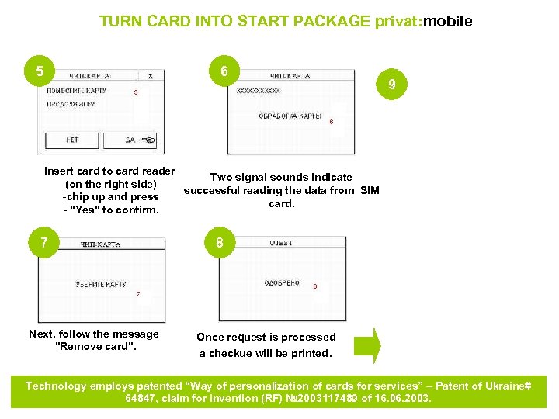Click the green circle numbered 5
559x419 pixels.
(40, 72)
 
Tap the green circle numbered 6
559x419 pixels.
(224, 72)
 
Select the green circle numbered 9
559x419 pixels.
(394, 84)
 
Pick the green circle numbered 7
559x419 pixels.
(44, 243)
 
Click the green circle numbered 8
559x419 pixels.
(220, 243)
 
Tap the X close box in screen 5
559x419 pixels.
(150, 76)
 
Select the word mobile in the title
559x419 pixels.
(448, 22)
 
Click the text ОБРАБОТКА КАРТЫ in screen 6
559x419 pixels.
(290, 116)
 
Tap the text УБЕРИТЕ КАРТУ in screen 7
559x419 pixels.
(101, 285)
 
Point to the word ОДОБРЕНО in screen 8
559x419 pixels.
(282, 283)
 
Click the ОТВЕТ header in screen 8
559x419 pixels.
(281, 243)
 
